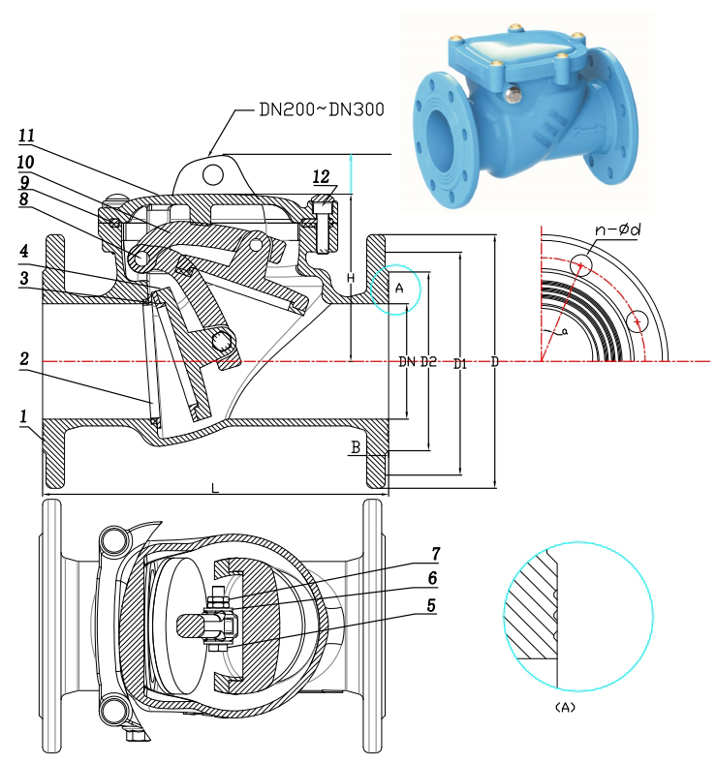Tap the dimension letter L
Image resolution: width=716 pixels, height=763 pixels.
215,489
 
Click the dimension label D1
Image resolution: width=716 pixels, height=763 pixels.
461,363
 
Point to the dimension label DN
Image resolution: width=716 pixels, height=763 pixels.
407,363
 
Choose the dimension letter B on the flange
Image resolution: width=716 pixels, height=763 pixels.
357,446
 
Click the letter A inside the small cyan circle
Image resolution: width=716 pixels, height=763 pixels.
398,288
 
